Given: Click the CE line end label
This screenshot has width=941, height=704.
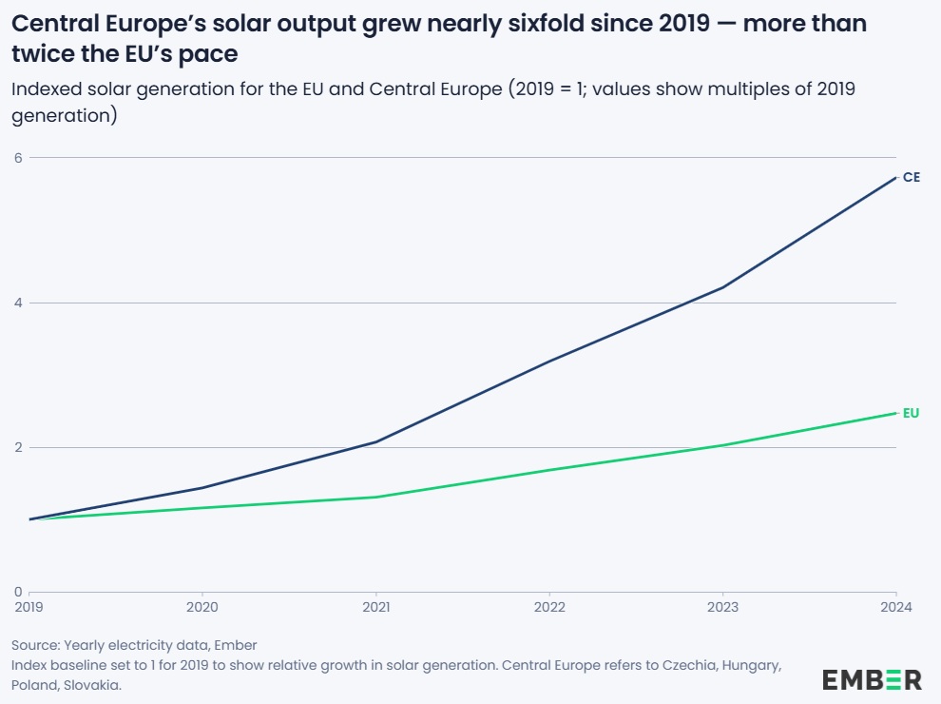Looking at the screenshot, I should (911, 177).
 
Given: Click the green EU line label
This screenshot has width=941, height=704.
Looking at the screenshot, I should (911, 413).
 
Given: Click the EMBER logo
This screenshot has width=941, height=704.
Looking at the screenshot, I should (872, 679).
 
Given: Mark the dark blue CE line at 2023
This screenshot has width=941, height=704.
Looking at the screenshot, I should (723, 287).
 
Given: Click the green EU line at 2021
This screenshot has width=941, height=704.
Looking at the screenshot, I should (376, 497).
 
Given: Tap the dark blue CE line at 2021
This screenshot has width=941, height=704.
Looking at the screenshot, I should (376, 441).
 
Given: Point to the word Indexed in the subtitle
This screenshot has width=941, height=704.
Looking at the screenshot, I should (46, 90).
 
